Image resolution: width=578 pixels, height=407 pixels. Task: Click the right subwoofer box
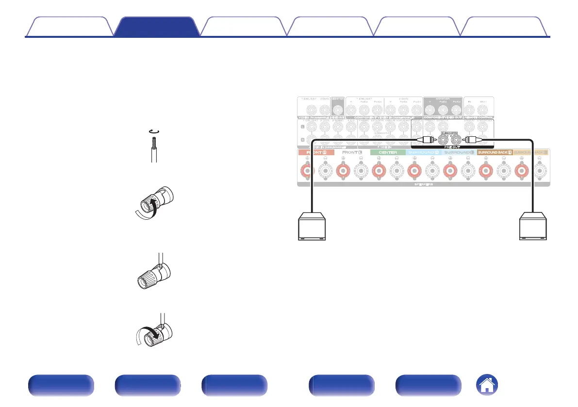pos(534,227)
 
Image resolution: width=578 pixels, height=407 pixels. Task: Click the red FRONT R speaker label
pos(313,152)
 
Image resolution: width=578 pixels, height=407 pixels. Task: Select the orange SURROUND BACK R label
pos(494,152)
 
